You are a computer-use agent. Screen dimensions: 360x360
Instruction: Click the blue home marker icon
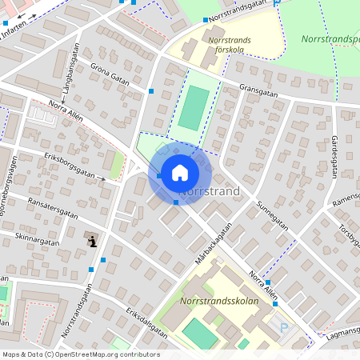tap(180, 173)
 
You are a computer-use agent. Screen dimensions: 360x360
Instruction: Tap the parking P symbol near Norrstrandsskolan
tap(283, 327)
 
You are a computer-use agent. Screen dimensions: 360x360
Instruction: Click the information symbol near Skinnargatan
tap(93, 240)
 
